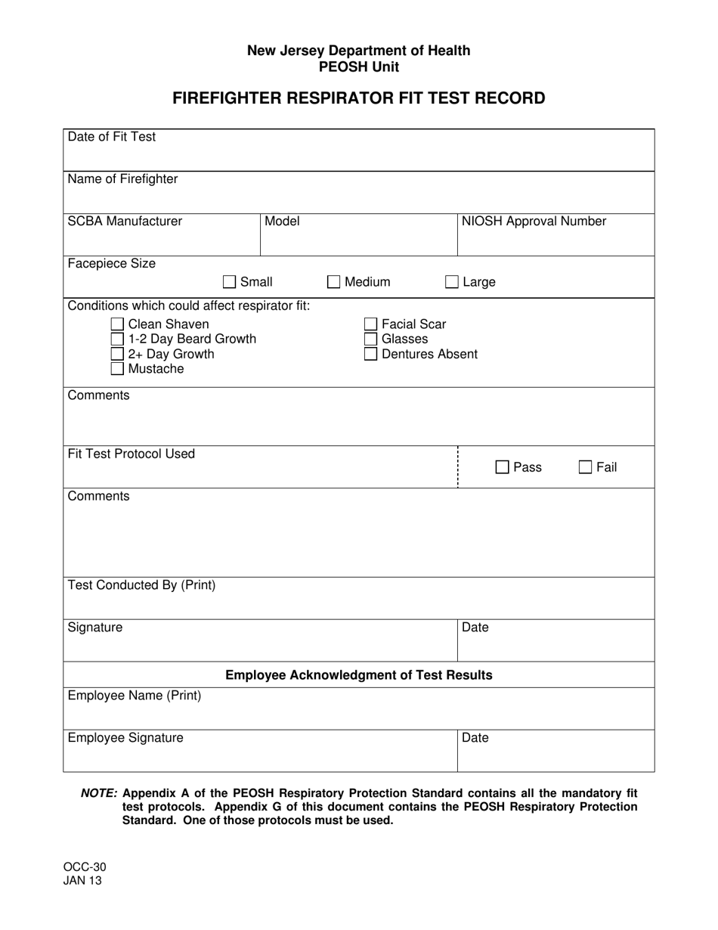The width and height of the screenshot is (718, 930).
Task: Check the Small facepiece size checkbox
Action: point(230,282)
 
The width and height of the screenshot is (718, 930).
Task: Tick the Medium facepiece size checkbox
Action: point(334,282)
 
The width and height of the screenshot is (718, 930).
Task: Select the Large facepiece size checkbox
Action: point(452,282)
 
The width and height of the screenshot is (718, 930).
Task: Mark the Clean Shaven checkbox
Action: point(117,324)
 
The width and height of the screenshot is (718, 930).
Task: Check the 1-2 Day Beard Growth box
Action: point(117,339)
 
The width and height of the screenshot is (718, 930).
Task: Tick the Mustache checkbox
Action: point(117,369)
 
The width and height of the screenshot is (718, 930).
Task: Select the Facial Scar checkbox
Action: point(371,324)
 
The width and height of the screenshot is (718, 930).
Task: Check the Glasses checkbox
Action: point(371,339)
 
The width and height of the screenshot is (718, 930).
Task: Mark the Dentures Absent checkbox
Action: point(371,354)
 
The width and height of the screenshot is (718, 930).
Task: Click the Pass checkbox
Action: point(503,467)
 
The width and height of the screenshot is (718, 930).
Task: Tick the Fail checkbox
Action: point(586,467)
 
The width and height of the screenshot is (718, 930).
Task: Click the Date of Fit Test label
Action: point(112,137)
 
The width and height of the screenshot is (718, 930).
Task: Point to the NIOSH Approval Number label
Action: point(534,222)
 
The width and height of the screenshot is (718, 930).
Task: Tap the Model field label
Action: point(282,222)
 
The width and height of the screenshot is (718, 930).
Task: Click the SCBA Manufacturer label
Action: point(125,222)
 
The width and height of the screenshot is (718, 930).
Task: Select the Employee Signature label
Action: point(125,738)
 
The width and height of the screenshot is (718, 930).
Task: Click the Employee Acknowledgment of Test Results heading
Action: point(359,675)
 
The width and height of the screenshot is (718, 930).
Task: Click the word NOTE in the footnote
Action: point(99,793)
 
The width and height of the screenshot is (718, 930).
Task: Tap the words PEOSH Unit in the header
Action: point(359,67)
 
